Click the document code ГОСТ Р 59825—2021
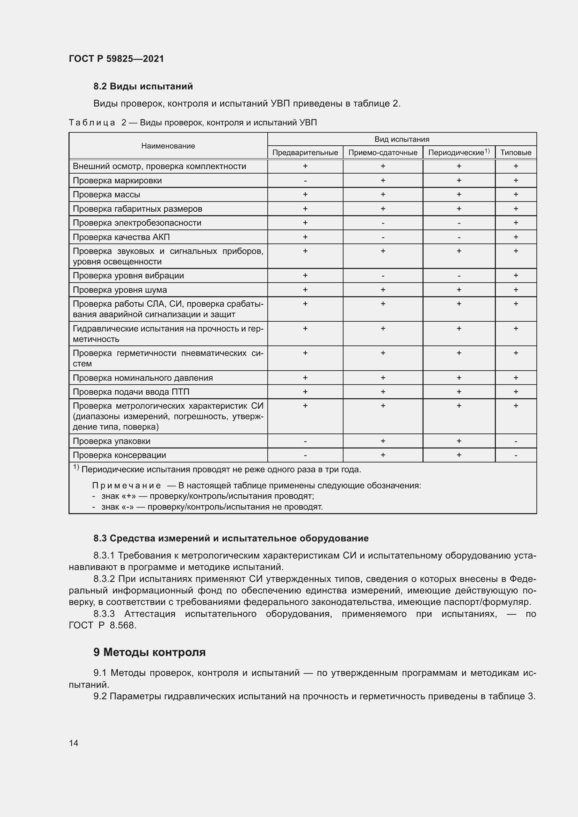(116, 59)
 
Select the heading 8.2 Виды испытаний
(143, 86)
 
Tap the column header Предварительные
(305, 153)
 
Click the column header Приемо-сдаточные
(383, 153)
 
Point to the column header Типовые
(515, 153)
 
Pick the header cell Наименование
(168, 146)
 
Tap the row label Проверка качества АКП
(121, 237)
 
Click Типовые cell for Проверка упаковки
(515, 441)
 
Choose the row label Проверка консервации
(119, 455)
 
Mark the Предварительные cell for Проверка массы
(305, 195)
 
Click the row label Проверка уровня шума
(120, 290)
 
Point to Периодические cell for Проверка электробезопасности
(459, 223)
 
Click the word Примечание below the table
(127, 486)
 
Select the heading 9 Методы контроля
(150, 652)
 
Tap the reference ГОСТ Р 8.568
(102, 625)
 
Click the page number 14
(74, 743)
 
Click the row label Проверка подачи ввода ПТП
(131, 392)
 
